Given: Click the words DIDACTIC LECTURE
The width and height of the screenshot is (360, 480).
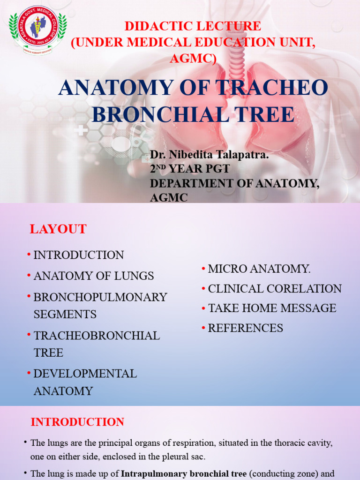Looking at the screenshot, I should click(193, 26).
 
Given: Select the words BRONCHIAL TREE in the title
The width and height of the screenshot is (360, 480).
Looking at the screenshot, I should click(193, 114).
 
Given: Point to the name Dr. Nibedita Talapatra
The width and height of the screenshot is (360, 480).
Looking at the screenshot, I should click(209, 155).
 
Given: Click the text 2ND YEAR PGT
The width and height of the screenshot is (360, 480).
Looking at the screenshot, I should click(189, 169).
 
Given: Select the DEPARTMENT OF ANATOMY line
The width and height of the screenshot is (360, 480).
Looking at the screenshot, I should click(234, 184).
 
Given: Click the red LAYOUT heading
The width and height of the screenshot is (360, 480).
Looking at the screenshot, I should click(58, 229).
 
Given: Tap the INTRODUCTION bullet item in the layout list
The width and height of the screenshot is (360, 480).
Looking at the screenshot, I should click(78, 255).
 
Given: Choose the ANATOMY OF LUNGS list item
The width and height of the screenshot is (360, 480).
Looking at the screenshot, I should click(93, 276).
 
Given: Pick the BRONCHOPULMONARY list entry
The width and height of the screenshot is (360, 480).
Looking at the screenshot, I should click(100, 297).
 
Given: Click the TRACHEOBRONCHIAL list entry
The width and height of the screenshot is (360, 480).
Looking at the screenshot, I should click(96, 336).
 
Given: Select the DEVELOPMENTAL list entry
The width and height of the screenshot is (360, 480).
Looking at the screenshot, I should click(85, 374).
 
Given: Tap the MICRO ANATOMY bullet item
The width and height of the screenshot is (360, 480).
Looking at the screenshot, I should click(259, 269).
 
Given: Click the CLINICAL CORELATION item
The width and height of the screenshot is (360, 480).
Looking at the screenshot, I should click(274, 289).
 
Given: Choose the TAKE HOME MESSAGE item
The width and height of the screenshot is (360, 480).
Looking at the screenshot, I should click(272, 308).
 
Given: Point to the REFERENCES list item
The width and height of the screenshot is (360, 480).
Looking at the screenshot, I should click(245, 328).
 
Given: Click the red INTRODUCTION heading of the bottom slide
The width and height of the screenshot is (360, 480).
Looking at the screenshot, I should click(77, 422).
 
